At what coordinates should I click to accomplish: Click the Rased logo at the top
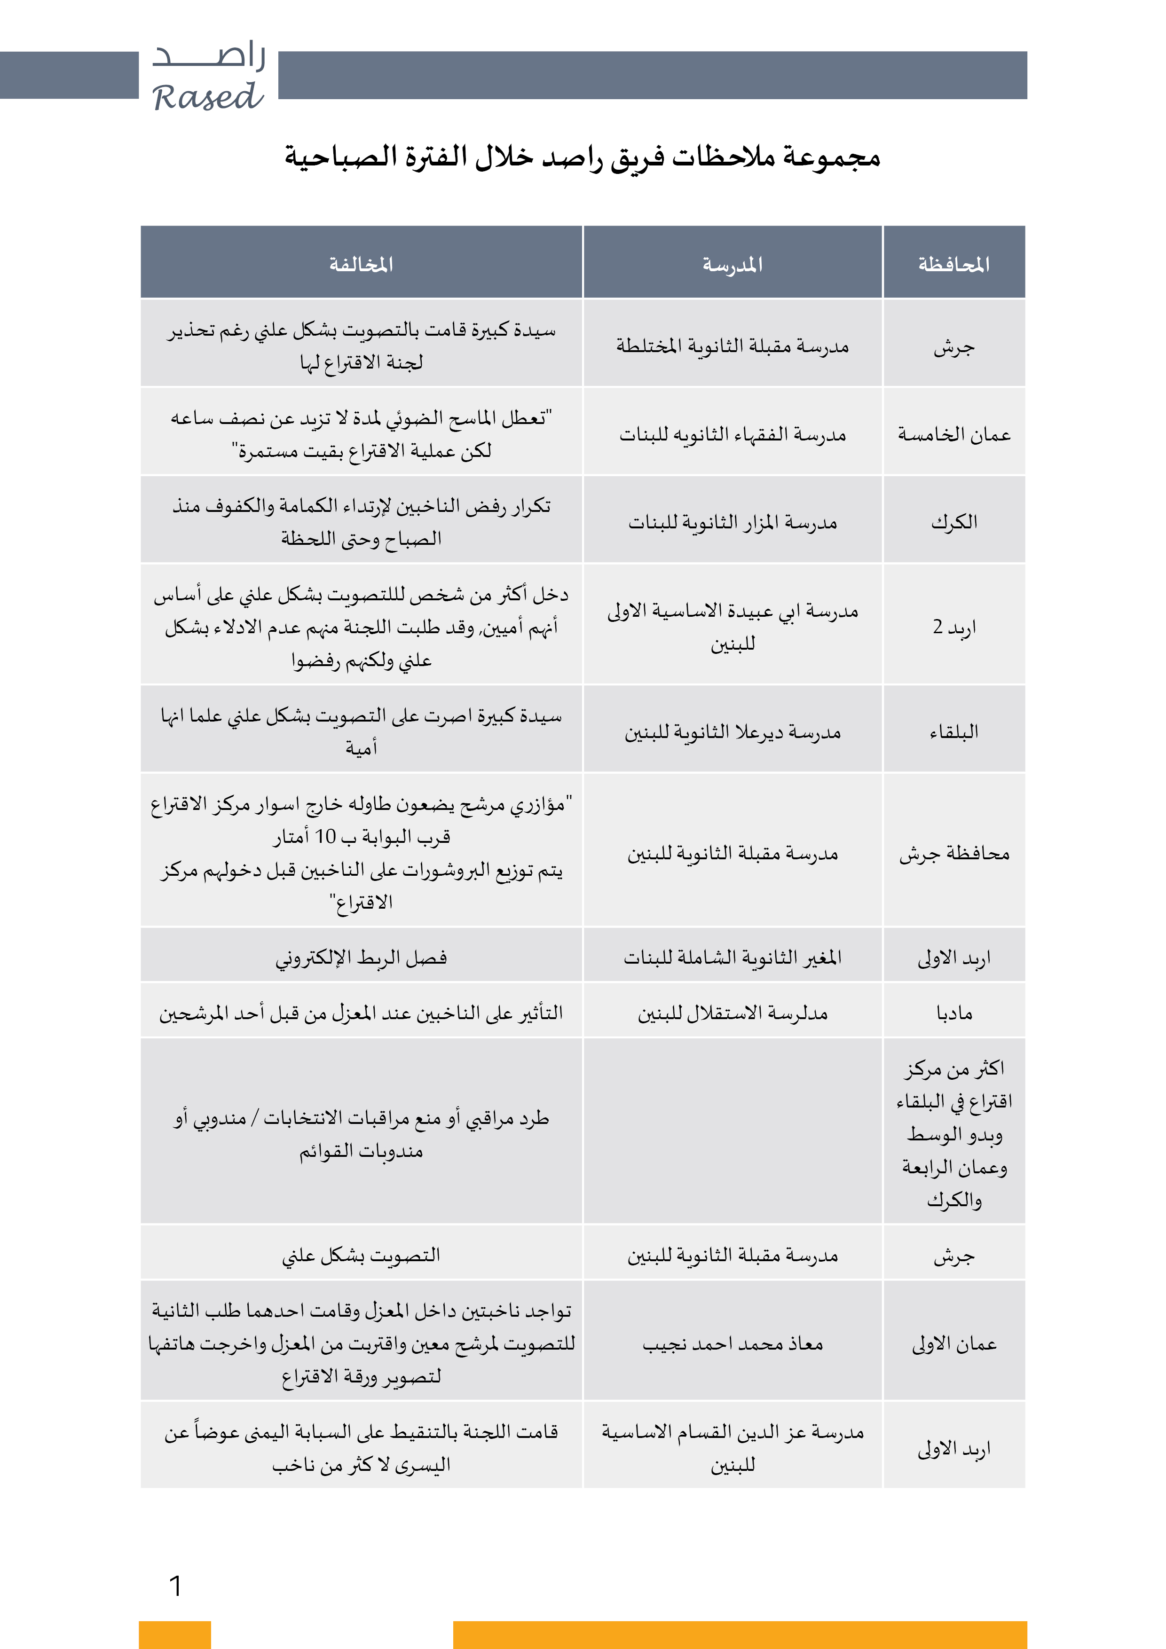coord(208,78)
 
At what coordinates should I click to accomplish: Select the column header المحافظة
coord(953,264)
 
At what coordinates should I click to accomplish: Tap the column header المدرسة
coord(732,264)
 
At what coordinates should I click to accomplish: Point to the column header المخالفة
coord(361,264)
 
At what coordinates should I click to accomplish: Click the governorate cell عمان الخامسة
coord(953,434)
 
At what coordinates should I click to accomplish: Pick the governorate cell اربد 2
coord(953,626)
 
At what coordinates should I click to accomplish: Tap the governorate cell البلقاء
coord(953,731)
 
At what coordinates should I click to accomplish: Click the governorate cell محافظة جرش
coord(953,853)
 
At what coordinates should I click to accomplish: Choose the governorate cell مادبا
coord(953,1012)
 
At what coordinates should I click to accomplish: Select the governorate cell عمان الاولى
coord(953,1343)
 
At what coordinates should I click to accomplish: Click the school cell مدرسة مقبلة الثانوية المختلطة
coord(732,346)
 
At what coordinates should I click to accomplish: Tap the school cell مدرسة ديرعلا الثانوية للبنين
coord(732,731)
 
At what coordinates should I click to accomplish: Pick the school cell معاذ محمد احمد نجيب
coord(732,1343)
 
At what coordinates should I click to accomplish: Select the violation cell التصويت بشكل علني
coord(361,1255)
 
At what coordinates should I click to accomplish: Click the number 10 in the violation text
coord(325,836)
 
